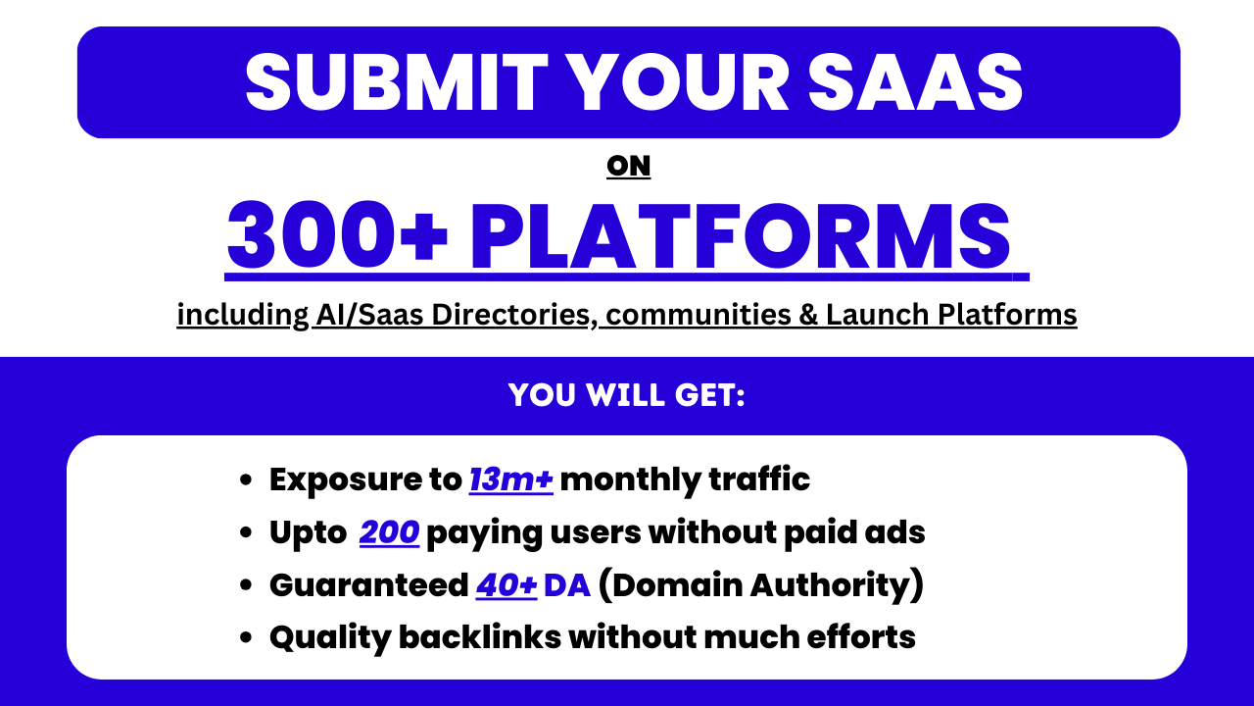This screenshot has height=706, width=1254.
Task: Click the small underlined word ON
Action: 628,167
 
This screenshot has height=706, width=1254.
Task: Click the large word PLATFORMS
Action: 741,237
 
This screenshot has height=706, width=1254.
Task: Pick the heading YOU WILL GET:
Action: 627,395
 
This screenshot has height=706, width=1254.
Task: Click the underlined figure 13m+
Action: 510,480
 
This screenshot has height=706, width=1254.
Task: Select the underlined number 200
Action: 389,532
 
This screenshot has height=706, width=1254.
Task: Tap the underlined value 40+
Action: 506,585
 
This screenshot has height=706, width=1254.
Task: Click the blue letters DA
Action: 567,585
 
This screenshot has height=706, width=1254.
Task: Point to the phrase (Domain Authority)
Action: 760,585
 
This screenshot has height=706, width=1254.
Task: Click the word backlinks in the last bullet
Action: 480,637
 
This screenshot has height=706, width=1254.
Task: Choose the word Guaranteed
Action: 368,585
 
